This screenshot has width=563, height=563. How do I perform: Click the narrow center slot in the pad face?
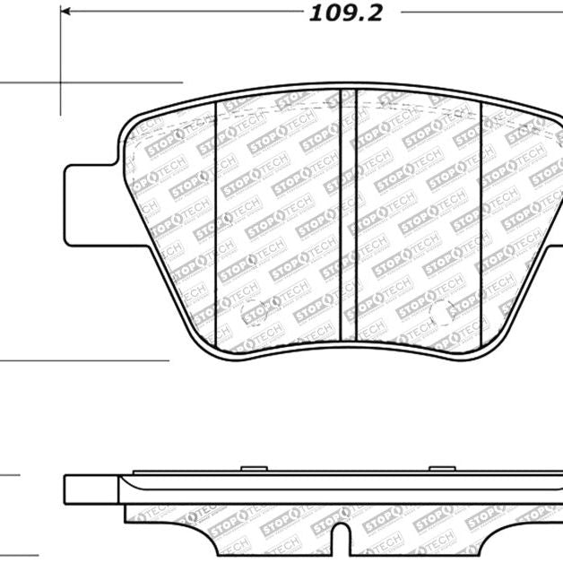[350, 215]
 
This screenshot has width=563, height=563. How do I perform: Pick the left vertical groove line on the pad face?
[217, 224]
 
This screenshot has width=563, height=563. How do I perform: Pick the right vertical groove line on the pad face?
[482, 224]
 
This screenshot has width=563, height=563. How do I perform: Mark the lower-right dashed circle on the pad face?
[441, 313]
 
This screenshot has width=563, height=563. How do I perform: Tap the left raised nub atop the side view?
[254, 468]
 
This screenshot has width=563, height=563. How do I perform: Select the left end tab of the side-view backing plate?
[90, 489]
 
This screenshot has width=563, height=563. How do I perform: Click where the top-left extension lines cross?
[61, 84]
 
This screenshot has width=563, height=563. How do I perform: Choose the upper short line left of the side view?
[9, 475]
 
